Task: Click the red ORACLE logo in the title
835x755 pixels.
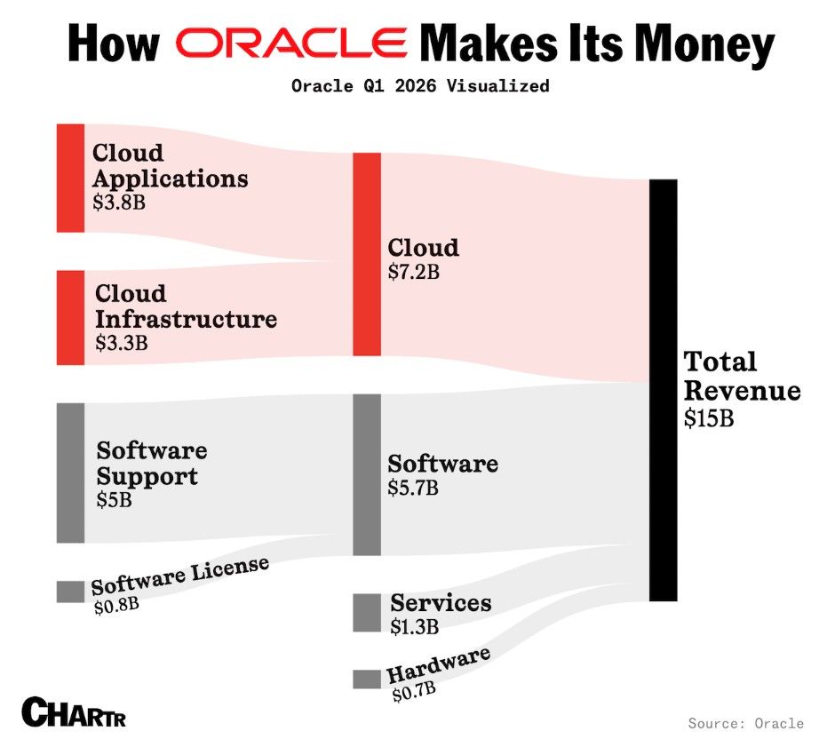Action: click(x=290, y=42)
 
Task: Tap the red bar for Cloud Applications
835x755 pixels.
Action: click(x=70, y=178)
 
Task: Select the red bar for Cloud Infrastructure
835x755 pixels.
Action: click(x=70, y=317)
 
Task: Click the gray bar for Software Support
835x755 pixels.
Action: click(x=70, y=473)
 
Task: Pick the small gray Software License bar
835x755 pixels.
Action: click(x=70, y=591)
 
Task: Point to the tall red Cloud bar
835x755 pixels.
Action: click(x=366, y=254)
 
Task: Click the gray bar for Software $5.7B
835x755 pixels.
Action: click(x=366, y=474)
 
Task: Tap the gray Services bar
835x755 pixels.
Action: click(x=366, y=612)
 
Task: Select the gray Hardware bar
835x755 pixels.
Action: click(x=366, y=679)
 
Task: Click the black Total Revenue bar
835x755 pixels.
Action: click(x=663, y=389)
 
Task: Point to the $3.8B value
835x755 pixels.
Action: click(x=119, y=202)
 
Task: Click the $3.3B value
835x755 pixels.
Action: click(x=121, y=342)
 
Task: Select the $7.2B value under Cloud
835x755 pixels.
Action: click(x=414, y=272)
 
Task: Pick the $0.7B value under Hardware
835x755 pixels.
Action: click(x=413, y=690)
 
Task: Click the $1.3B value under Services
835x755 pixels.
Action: click(x=415, y=626)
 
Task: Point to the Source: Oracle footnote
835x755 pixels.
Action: click(x=745, y=723)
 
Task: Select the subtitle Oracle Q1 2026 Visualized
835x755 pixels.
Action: click(x=420, y=86)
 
